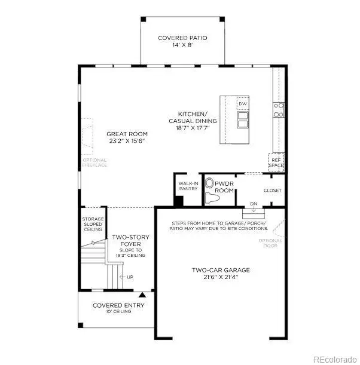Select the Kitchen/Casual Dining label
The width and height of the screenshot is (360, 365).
pos(197,121)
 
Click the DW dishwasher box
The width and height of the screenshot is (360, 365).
pos(242,104)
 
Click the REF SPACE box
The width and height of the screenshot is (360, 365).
pos(275,162)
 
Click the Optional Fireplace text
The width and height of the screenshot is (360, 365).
pos(94,162)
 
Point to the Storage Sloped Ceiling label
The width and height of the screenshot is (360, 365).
pos(93,223)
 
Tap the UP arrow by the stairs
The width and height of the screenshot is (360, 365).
pos(126,277)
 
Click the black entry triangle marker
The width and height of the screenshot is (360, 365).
pos(142,295)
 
